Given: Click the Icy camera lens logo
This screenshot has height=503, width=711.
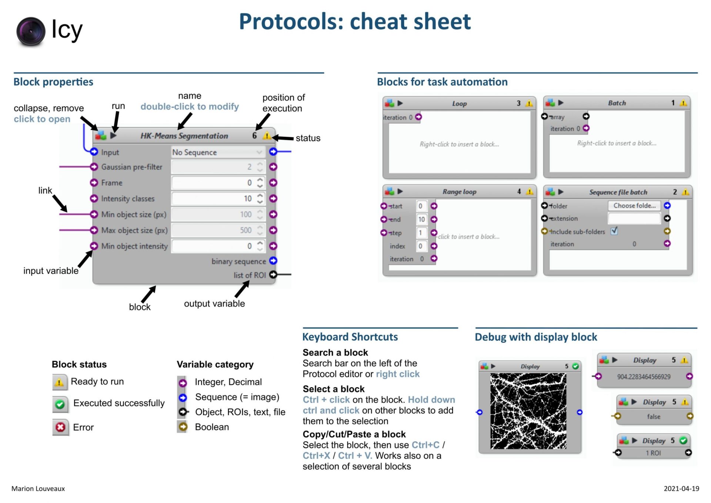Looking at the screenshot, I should pos(31,31).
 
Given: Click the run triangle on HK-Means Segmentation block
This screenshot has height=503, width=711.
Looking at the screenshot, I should pos(114,136).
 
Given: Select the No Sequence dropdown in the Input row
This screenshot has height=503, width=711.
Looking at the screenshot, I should pos(218,152).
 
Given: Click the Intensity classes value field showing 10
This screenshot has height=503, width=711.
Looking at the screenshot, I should pos(218,199).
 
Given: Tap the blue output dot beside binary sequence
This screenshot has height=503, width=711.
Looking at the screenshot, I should pos(273,261).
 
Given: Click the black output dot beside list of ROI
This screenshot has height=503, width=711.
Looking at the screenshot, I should pos(273,275).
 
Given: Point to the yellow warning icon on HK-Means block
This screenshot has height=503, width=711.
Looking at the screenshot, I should pos(266,136).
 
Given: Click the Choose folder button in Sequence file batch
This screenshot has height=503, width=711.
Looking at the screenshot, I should pos(634,206).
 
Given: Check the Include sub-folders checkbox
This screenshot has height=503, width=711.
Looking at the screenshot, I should pos(614,231).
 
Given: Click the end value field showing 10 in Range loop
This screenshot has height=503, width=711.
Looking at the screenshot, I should pos(421,219).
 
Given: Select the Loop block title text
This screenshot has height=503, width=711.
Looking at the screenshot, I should pos(459,104).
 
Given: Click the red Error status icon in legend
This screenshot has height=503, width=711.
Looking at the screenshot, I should pos(60,427).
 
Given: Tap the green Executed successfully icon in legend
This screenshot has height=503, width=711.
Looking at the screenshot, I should pos(60,404).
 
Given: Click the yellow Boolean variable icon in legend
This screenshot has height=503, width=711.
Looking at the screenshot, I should pos(183,427).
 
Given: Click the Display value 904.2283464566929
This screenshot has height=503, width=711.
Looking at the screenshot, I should pos(644,377).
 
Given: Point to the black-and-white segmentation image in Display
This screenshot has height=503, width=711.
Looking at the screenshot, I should pos(528,411).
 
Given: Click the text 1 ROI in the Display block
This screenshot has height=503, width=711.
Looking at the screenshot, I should pos(653,453).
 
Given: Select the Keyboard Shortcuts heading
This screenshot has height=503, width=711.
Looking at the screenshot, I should pos(350,337).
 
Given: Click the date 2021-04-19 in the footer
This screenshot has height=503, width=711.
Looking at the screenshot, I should pos(681,489).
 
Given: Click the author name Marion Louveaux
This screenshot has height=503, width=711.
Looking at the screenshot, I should pos(38,489).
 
